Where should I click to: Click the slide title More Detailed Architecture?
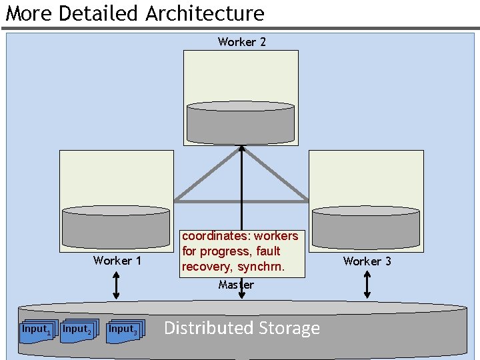[x=135, y=13]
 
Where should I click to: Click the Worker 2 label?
[x=241, y=42]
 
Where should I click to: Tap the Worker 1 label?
[x=117, y=261]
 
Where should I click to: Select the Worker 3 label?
[x=367, y=261]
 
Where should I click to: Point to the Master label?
[x=236, y=285]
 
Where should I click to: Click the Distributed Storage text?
[x=242, y=328]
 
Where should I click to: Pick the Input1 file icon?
[x=35, y=331]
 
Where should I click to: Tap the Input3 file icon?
[x=124, y=331]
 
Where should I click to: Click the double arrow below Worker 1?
[x=116, y=285]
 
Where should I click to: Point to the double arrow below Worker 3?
[x=367, y=285]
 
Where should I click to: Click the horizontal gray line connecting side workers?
[x=241, y=201]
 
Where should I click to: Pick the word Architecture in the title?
[x=205, y=13]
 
